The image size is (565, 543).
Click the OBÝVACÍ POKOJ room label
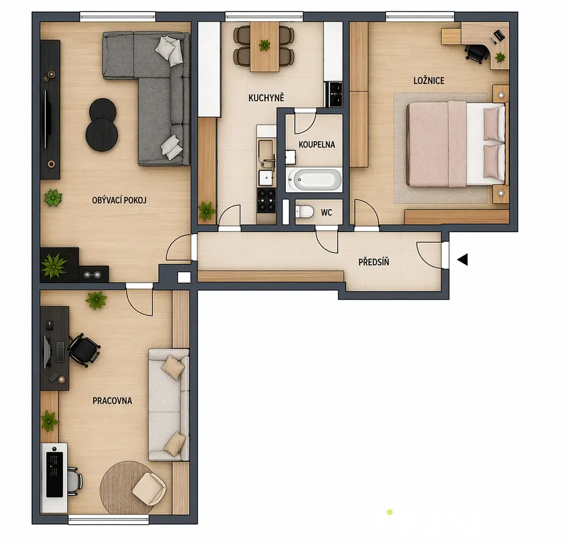(119, 201)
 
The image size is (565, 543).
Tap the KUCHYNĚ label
(266, 97)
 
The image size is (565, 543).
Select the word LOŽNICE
(429, 81)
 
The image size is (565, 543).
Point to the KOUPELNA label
(317, 145)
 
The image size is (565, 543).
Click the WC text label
(327, 213)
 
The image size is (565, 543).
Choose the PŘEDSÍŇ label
(374, 262)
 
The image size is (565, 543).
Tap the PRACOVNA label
(112, 400)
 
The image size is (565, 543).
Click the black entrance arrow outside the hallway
(463, 260)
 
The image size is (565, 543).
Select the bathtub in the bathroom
(314, 180)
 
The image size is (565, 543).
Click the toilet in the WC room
(305, 212)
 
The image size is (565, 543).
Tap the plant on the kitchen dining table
(264, 45)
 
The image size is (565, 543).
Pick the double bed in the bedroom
(456, 144)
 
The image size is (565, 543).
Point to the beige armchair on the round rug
(149, 488)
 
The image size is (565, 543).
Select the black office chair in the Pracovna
(83, 350)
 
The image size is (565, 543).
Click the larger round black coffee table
(102, 136)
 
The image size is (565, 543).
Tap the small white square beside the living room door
(184, 277)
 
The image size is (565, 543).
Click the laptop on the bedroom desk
(499, 35)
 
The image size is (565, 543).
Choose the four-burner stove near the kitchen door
(266, 200)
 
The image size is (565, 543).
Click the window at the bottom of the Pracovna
(109, 520)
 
